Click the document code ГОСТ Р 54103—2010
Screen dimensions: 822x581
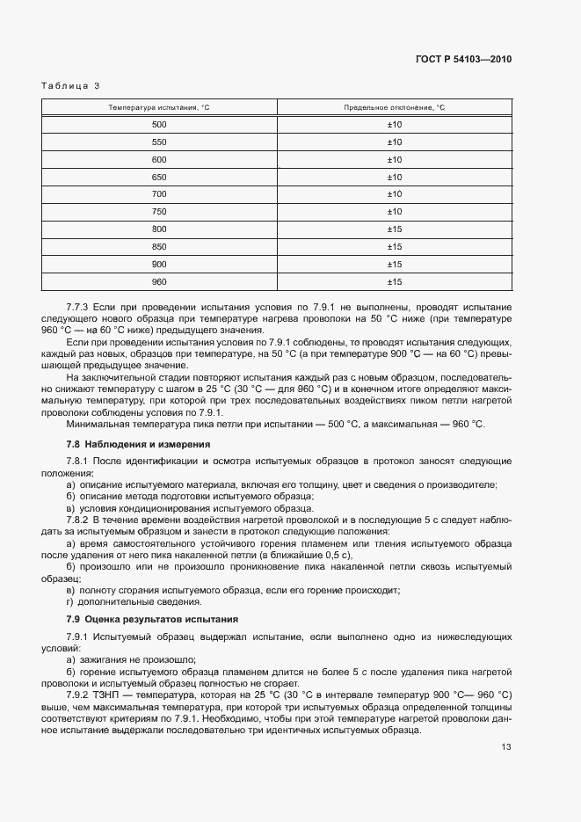462,60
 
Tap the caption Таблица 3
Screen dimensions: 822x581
71,85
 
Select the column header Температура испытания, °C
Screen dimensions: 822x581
159,107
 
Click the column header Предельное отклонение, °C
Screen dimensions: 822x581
394,107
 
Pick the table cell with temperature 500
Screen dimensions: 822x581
159,125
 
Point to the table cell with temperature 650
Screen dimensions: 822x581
159,177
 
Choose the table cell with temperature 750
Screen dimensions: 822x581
159,212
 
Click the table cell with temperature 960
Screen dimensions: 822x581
159,281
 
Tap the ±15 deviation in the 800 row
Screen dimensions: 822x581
394,229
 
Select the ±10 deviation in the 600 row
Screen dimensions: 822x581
394,159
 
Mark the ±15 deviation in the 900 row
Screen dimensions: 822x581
394,265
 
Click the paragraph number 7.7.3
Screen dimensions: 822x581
79,307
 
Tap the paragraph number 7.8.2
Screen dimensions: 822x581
79,520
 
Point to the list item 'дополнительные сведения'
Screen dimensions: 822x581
133,602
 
